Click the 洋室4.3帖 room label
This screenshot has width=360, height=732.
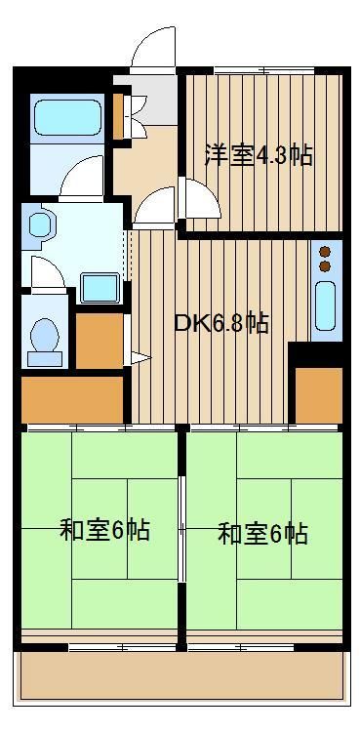tap(259, 155)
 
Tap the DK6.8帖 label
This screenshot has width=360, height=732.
tap(220, 323)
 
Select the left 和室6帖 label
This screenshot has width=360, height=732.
tap(104, 530)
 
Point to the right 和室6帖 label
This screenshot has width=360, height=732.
tap(262, 534)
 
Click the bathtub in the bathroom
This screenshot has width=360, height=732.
tap(67, 118)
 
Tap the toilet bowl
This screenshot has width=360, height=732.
tap(45, 335)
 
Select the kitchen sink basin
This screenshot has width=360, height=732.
tap(326, 305)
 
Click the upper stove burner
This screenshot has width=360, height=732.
tap(325, 252)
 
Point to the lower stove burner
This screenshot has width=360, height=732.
tap(325, 266)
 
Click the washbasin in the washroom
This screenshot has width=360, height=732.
tap(40, 225)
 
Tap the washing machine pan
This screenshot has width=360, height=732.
tap(99, 288)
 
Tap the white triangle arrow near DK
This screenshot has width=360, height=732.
tap(140, 358)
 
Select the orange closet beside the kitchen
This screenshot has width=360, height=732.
tap(319, 395)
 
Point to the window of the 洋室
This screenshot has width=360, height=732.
tap(264, 71)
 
